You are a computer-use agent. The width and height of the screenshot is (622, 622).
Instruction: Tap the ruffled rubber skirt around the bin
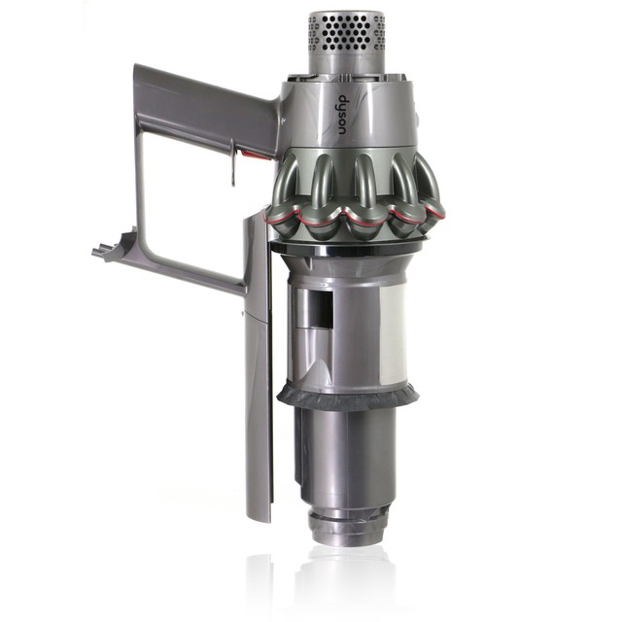pos(348,394)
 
